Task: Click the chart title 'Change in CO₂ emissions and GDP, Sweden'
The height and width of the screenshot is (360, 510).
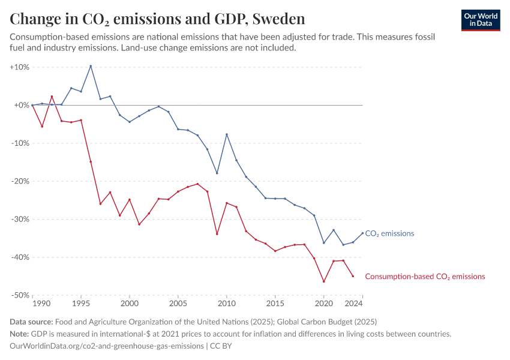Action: coord(157,19)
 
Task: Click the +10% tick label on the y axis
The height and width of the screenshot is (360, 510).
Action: coord(20,67)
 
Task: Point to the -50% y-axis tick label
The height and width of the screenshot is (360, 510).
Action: coord(20,295)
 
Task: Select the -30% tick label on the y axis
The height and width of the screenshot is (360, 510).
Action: coord(20,219)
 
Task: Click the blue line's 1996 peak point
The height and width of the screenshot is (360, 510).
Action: coord(91,66)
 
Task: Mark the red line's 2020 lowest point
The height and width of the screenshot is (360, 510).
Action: coord(324,281)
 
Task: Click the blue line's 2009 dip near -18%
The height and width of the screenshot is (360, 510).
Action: coord(217,173)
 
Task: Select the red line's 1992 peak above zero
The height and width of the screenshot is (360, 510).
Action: coord(52,96)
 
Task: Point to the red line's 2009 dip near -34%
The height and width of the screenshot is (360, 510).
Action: coord(217,233)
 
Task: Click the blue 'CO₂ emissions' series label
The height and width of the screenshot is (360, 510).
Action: coord(389,233)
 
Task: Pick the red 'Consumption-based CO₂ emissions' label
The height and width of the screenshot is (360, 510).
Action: coord(425,277)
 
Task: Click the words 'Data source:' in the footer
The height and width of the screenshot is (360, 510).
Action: coord(32,322)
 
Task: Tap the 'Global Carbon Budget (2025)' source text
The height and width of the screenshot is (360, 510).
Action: coord(327,322)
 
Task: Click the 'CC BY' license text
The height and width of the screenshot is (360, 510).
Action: coord(221,346)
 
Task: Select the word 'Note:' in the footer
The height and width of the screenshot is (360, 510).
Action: coord(20,334)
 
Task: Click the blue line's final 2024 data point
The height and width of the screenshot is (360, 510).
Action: coord(362,233)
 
